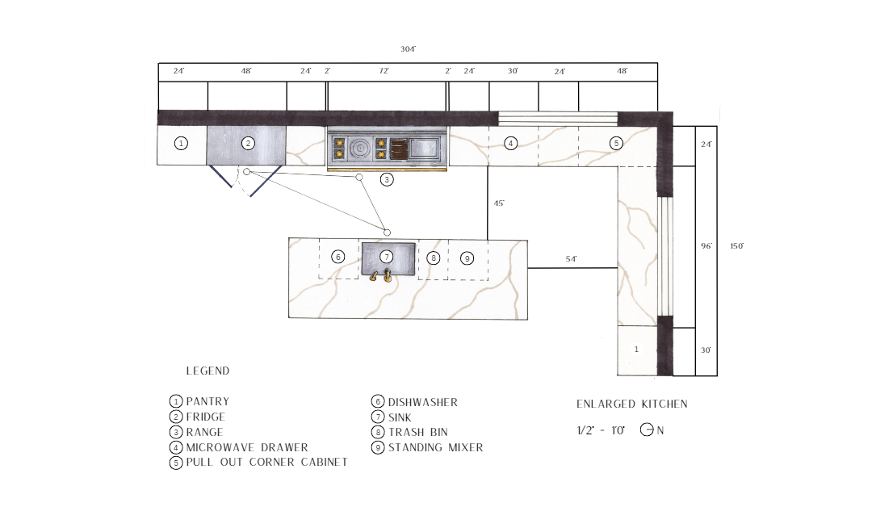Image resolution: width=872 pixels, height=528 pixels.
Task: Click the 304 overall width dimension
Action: coord(408,49)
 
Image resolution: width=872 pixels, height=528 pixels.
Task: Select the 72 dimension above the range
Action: coord(384,70)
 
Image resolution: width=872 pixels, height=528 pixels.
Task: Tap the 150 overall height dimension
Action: coord(736,246)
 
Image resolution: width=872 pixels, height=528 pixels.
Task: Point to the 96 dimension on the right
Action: coord(706,245)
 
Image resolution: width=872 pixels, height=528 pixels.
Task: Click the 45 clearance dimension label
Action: coord(499,203)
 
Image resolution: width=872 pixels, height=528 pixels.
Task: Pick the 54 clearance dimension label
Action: coord(571,259)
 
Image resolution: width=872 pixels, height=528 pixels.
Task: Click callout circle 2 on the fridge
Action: coord(248,144)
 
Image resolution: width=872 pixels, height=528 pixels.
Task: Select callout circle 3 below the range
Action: coord(387,179)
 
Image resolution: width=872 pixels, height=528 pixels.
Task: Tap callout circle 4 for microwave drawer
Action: coord(510,144)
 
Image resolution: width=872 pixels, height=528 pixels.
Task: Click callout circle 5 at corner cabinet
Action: coord(615,143)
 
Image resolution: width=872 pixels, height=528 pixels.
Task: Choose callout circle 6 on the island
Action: coord(337,257)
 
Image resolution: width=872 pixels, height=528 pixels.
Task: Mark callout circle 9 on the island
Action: coord(467,258)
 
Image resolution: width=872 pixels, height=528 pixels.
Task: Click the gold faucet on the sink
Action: coord(381,275)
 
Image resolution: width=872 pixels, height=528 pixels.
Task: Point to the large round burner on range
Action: coord(360,148)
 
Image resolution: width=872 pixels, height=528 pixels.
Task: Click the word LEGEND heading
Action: coord(208,371)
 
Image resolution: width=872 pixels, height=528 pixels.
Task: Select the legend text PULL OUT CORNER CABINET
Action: coord(267,462)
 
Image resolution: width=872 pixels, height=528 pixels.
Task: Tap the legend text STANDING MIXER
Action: coord(435,447)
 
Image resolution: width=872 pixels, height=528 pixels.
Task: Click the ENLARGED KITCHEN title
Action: coord(631,404)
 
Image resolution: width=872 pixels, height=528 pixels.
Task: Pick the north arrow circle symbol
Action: coord(646,430)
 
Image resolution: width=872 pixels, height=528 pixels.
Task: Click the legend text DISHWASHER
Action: coord(422,402)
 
